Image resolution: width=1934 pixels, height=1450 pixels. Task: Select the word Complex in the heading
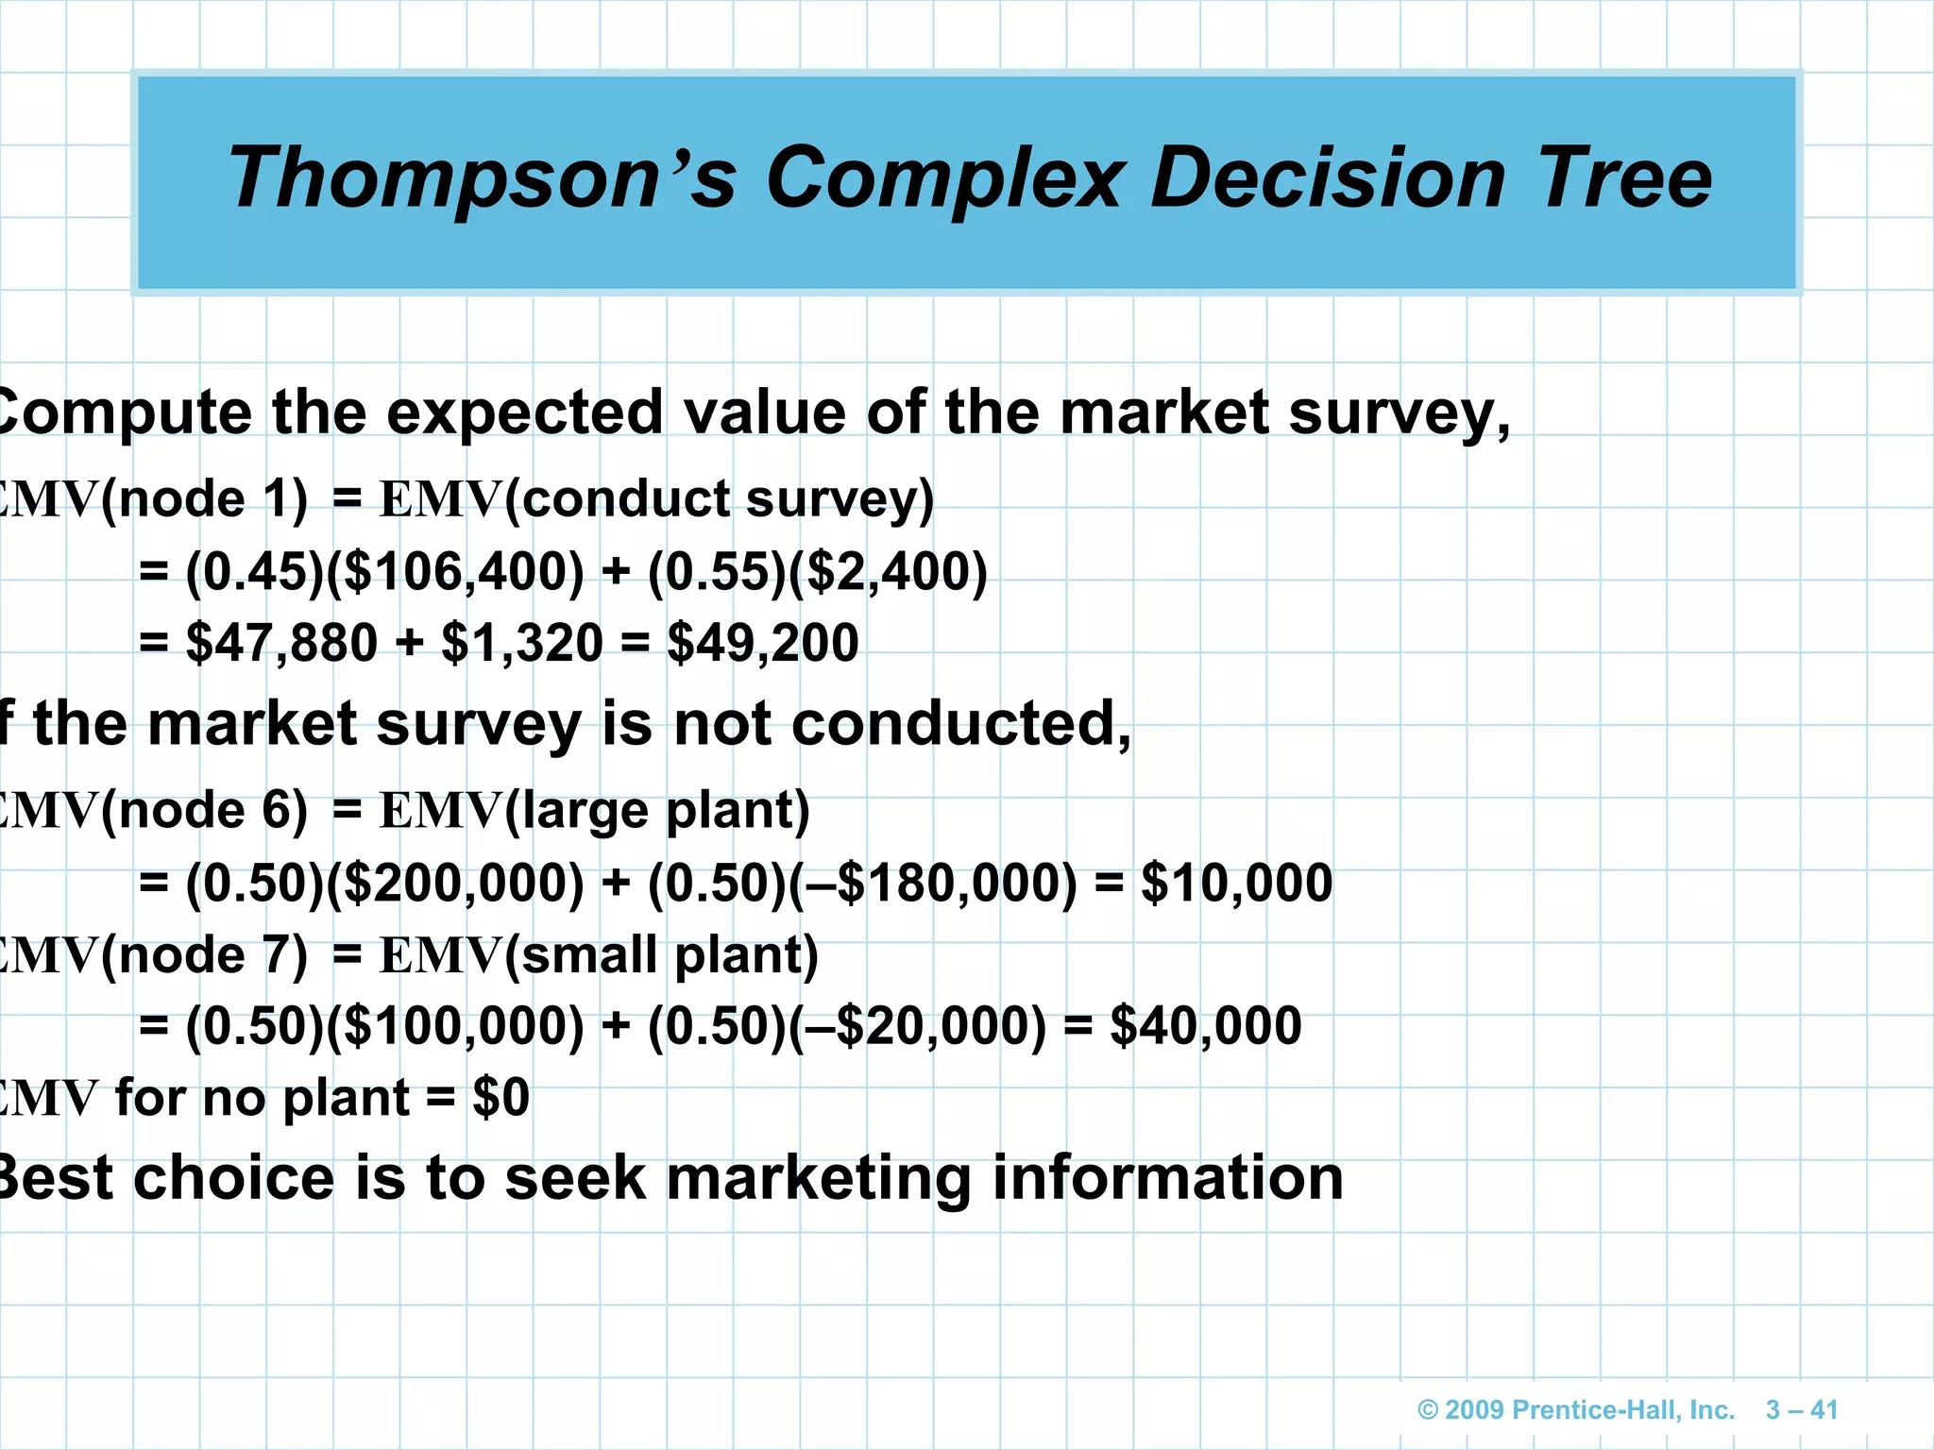[x=946, y=179]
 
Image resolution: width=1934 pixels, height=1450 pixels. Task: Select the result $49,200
[x=763, y=643]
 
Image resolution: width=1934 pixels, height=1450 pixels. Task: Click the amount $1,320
[x=522, y=643]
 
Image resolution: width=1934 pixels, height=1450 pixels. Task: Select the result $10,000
[x=1236, y=884]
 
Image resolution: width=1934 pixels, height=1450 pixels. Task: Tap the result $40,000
[x=1206, y=1026]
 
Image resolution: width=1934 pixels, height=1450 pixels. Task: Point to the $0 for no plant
[x=500, y=1098]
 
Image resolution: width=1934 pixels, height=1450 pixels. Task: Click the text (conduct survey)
[x=719, y=498]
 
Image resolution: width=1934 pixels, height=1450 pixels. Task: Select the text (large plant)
[x=657, y=811]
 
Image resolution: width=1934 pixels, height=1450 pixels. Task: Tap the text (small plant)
[x=661, y=954]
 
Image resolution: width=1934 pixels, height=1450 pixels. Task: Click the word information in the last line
[x=1167, y=1178]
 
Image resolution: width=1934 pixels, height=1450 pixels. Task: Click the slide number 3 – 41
[x=1801, y=1409]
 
